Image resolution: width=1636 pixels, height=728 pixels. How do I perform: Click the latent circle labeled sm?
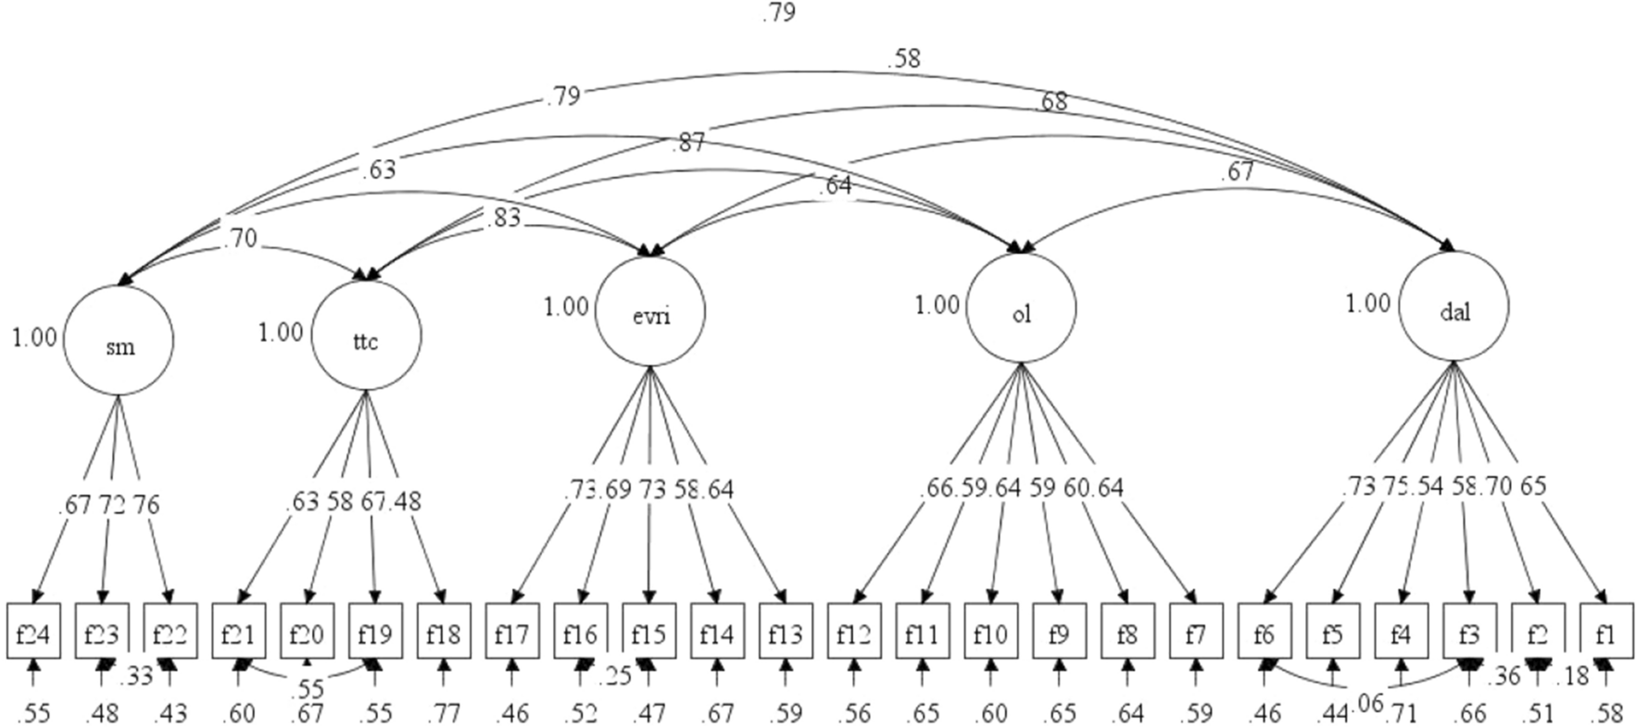pyautogui.click(x=118, y=341)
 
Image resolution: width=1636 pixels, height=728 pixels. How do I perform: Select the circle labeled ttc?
pyautogui.click(x=366, y=335)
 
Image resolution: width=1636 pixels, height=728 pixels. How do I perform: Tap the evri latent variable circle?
pyautogui.click(x=649, y=311)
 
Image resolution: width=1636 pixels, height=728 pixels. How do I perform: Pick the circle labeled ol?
pyautogui.click(x=1020, y=309)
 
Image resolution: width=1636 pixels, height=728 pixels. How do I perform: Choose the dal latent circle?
pyautogui.click(x=1454, y=308)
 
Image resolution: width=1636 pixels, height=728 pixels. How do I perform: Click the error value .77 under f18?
pyautogui.click(x=443, y=712)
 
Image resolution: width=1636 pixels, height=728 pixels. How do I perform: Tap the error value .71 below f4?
pyautogui.click(x=1402, y=712)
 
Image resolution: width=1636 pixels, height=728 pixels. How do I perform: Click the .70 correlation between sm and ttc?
pyautogui.click(x=240, y=238)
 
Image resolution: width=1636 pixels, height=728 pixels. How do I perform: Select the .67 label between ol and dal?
pyautogui.click(x=1238, y=171)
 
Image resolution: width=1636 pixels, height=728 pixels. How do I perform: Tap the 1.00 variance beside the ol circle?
pyautogui.click(x=937, y=305)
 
